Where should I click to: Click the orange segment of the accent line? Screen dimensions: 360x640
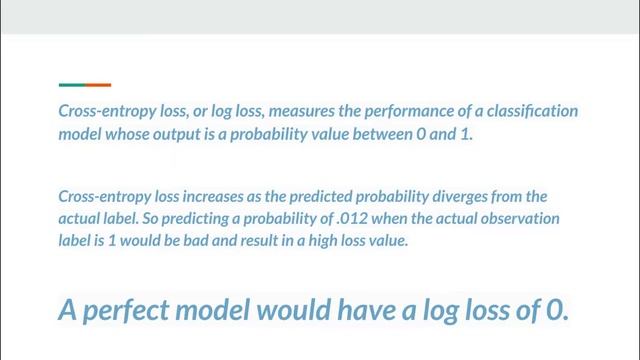pyautogui.click(x=98, y=85)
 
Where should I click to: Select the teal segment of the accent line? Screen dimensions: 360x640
pyautogui.click(x=71, y=85)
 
